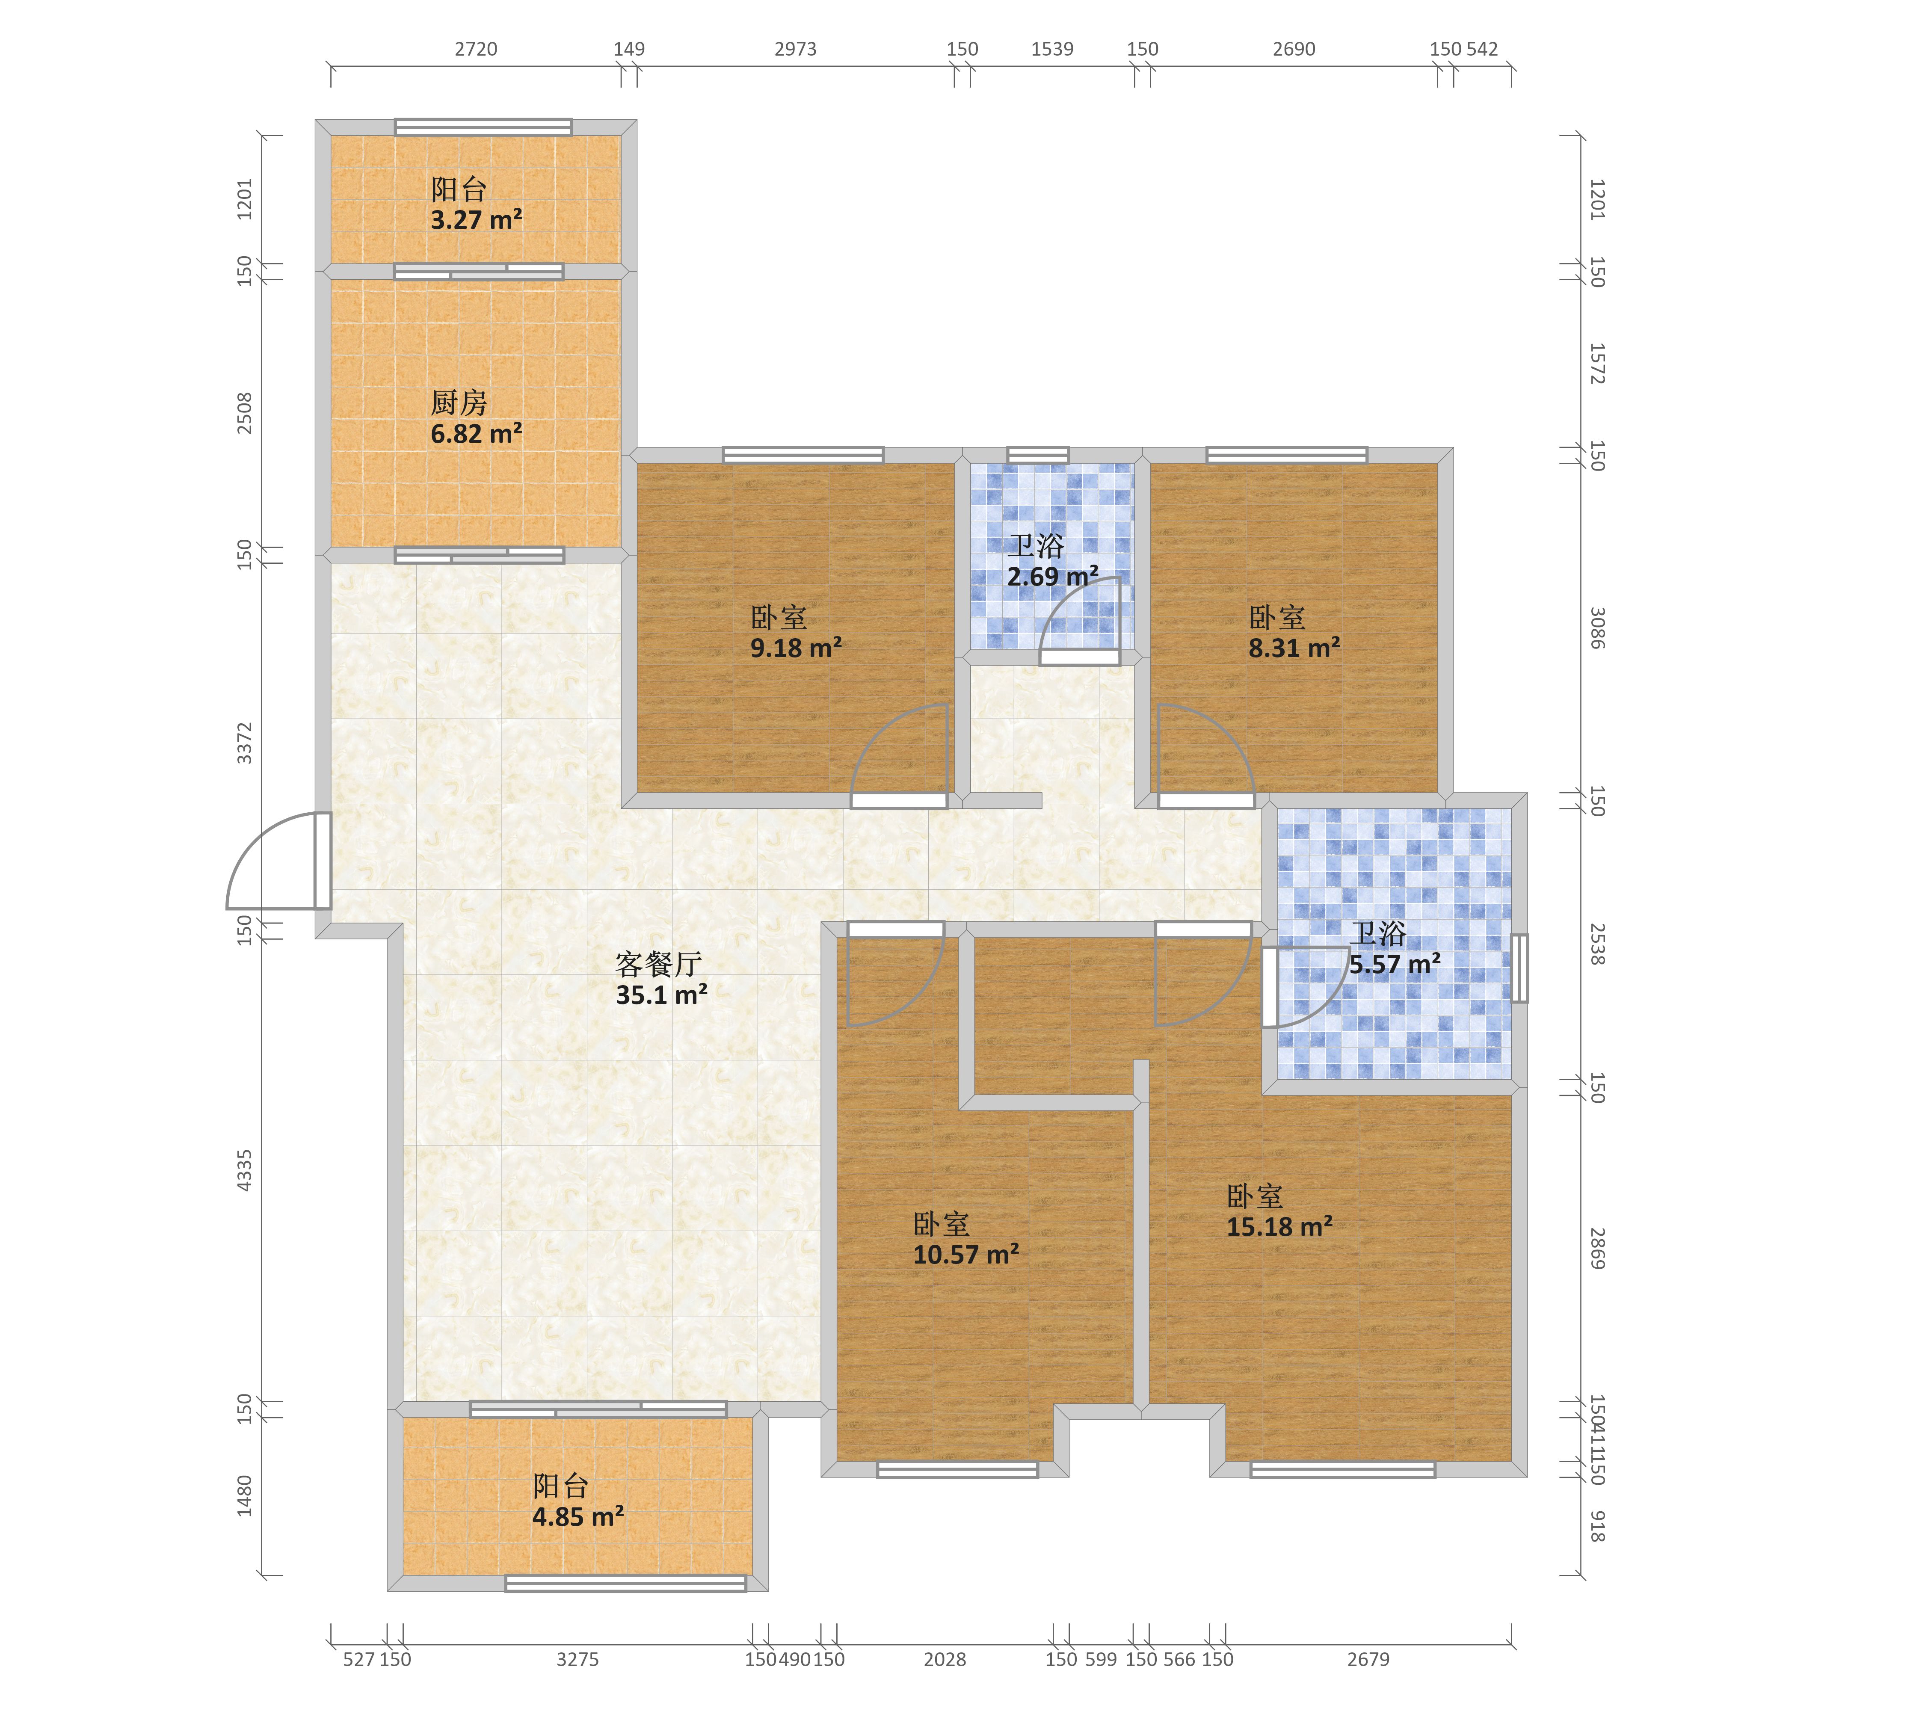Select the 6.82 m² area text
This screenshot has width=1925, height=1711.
477,434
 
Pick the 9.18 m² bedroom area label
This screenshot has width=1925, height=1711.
796,648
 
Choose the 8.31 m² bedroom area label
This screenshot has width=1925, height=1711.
1294,648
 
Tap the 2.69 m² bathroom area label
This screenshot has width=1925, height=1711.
1053,576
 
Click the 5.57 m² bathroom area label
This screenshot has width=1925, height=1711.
1395,964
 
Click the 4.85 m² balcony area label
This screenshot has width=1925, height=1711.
578,1517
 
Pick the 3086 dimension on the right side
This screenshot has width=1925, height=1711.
1597,628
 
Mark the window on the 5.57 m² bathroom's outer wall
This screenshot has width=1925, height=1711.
1519,968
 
